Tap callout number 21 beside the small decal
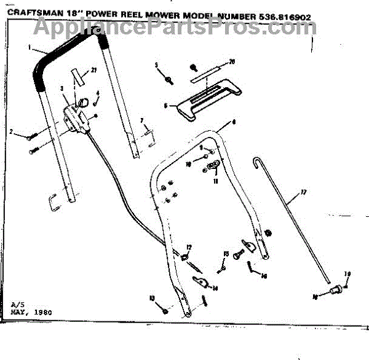(x=94, y=70)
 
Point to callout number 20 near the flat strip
(x=232, y=61)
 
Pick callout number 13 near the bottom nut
(x=151, y=298)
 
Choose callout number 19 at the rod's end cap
(x=347, y=274)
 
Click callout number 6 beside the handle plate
(x=166, y=106)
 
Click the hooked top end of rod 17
(x=257, y=160)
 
